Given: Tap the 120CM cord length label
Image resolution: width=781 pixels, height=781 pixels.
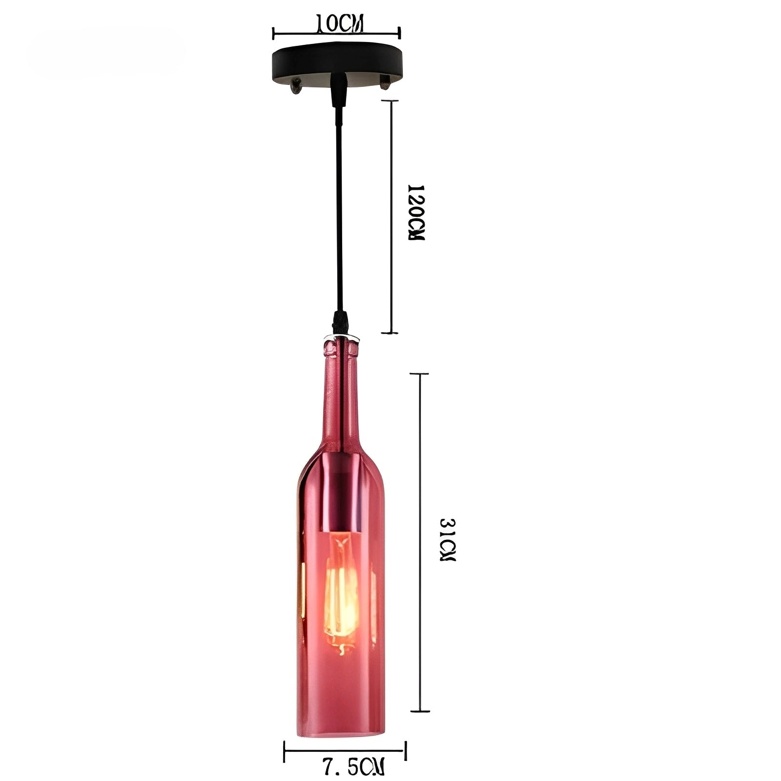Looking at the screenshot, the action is click(416, 213).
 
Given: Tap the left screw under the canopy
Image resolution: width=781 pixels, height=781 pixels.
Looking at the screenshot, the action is click(295, 88).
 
